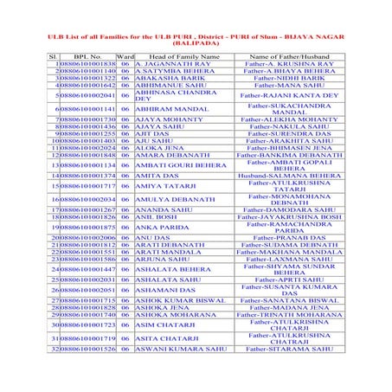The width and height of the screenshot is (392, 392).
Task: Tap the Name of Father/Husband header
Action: pyautogui.click(x=288, y=56)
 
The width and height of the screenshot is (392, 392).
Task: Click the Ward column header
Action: pyautogui.click(x=125, y=56)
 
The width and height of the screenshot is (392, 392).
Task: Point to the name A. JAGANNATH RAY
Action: pyautogui.click(x=173, y=64)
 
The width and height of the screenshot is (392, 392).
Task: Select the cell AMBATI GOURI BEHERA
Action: pyautogui.click(x=180, y=164)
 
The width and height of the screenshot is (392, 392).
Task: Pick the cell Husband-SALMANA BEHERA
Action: pyautogui.click(x=289, y=176)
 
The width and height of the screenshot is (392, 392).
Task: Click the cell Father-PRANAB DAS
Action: pyautogui.click(x=288, y=237)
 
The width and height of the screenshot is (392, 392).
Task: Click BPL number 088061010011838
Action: pyautogui.click(x=87, y=64)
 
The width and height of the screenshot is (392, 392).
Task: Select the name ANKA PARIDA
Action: pyautogui.click(x=162, y=227)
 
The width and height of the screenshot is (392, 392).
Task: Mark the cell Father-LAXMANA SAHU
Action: pyautogui.click(x=289, y=259)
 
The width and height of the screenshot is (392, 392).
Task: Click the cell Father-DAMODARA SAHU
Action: pyautogui.click(x=289, y=209)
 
